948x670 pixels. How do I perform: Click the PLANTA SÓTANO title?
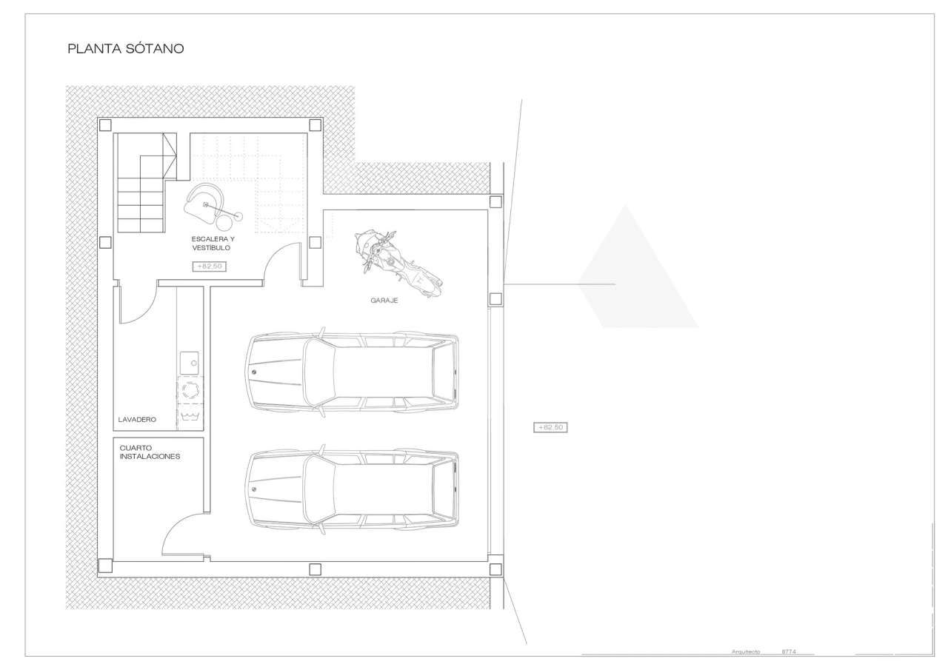click(126, 49)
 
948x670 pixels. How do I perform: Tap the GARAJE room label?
click(384, 301)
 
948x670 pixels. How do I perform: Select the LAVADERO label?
click(137, 420)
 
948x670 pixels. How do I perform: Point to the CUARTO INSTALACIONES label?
click(150, 452)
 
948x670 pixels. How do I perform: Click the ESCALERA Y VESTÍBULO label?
click(213, 244)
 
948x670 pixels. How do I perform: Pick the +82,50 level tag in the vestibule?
click(210, 267)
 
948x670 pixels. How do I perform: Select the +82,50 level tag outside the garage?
click(550, 427)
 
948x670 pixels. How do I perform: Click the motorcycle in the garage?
click(398, 262)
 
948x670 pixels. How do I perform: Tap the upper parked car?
click(353, 372)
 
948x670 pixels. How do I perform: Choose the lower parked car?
click(353, 489)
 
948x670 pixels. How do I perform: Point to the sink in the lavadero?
click(189, 363)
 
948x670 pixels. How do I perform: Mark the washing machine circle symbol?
click(190, 389)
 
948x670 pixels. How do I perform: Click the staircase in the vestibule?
click(147, 182)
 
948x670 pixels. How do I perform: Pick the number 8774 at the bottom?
click(789, 651)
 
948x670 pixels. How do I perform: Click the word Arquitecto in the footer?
click(746, 651)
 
